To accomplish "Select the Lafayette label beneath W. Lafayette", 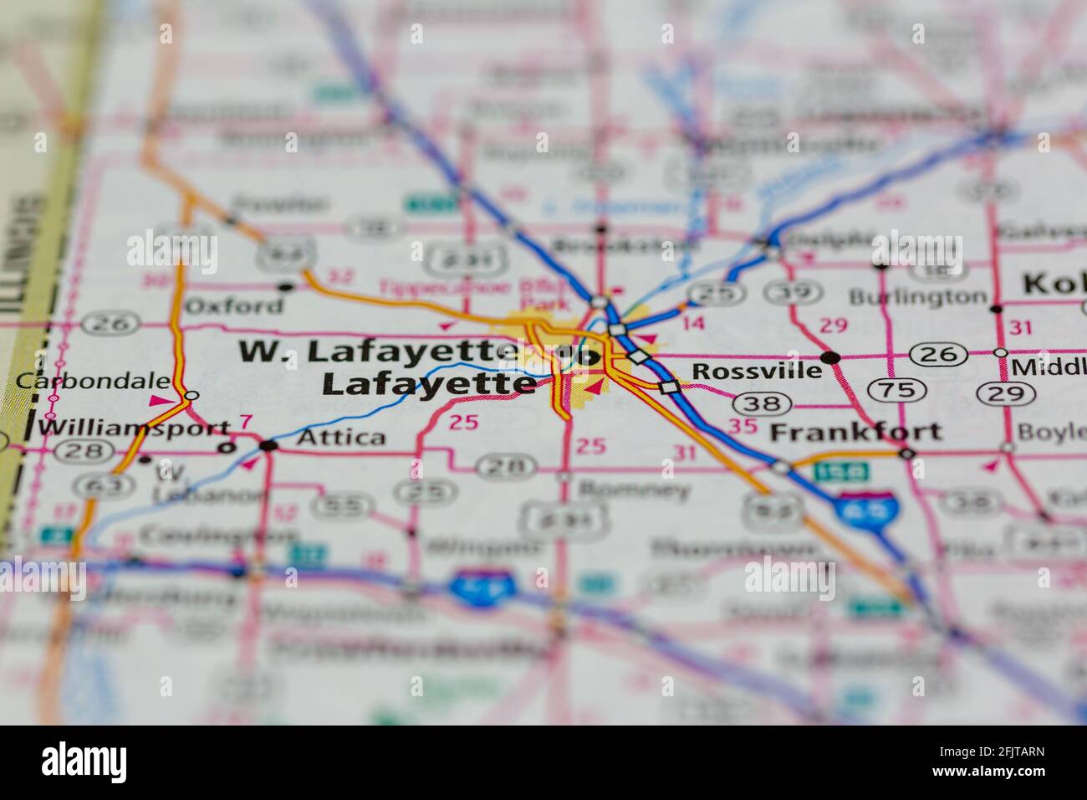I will click(429, 383).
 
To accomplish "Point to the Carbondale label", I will click(92, 381).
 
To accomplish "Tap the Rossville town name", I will click(757, 370).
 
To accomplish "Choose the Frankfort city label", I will click(855, 432).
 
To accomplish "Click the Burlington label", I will click(917, 297).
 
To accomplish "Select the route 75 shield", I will click(896, 389).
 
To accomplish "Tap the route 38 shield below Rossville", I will click(765, 404).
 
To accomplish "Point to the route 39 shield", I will click(784, 292).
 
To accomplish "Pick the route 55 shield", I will click(338, 505).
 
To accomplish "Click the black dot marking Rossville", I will click(830, 357).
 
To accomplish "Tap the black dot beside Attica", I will click(268, 445).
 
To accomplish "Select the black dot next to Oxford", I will click(286, 286).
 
